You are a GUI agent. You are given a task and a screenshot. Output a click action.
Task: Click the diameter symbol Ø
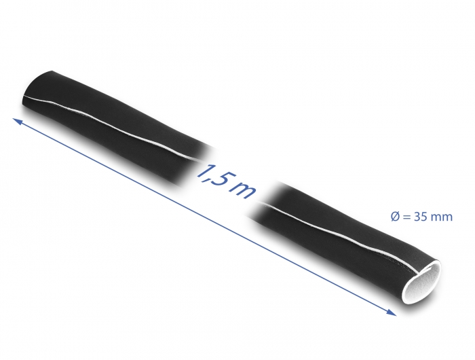pyautogui.click(x=396, y=217)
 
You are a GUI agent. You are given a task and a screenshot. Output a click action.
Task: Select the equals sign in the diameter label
pyautogui.click(x=408, y=217)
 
